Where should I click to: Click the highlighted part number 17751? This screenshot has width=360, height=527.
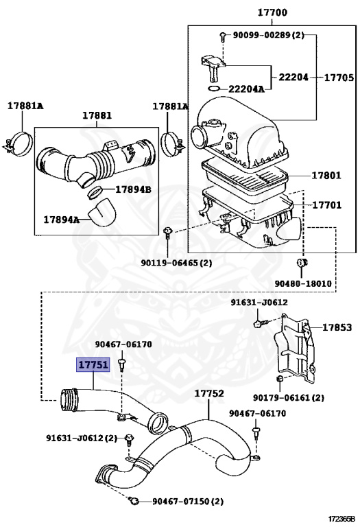point(93,364)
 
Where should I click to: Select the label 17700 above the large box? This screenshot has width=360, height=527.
point(272,12)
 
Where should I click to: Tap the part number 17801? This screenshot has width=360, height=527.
point(326,175)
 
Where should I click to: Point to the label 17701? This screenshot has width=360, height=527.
point(327,204)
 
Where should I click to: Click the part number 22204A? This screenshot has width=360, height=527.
point(246,89)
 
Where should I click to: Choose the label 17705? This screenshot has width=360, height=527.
point(339,78)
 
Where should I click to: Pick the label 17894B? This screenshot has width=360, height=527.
point(133,189)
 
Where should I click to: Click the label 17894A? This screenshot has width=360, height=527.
point(62,220)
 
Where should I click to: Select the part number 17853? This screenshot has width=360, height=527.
point(337,327)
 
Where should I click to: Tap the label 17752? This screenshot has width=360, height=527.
point(209,393)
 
